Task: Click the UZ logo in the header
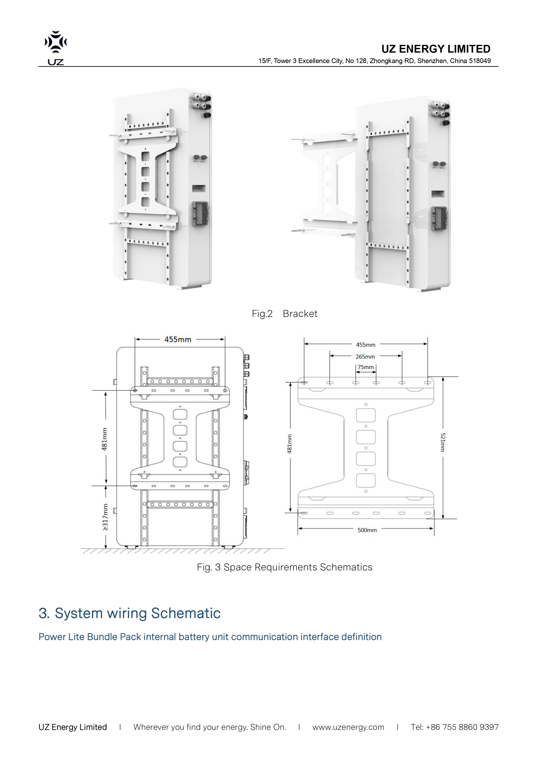point(56,47)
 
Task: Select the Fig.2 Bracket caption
point(284,313)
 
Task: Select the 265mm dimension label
point(365,357)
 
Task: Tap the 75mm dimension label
point(366,367)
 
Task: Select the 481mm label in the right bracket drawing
point(290,444)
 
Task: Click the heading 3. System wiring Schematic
point(129,613)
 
